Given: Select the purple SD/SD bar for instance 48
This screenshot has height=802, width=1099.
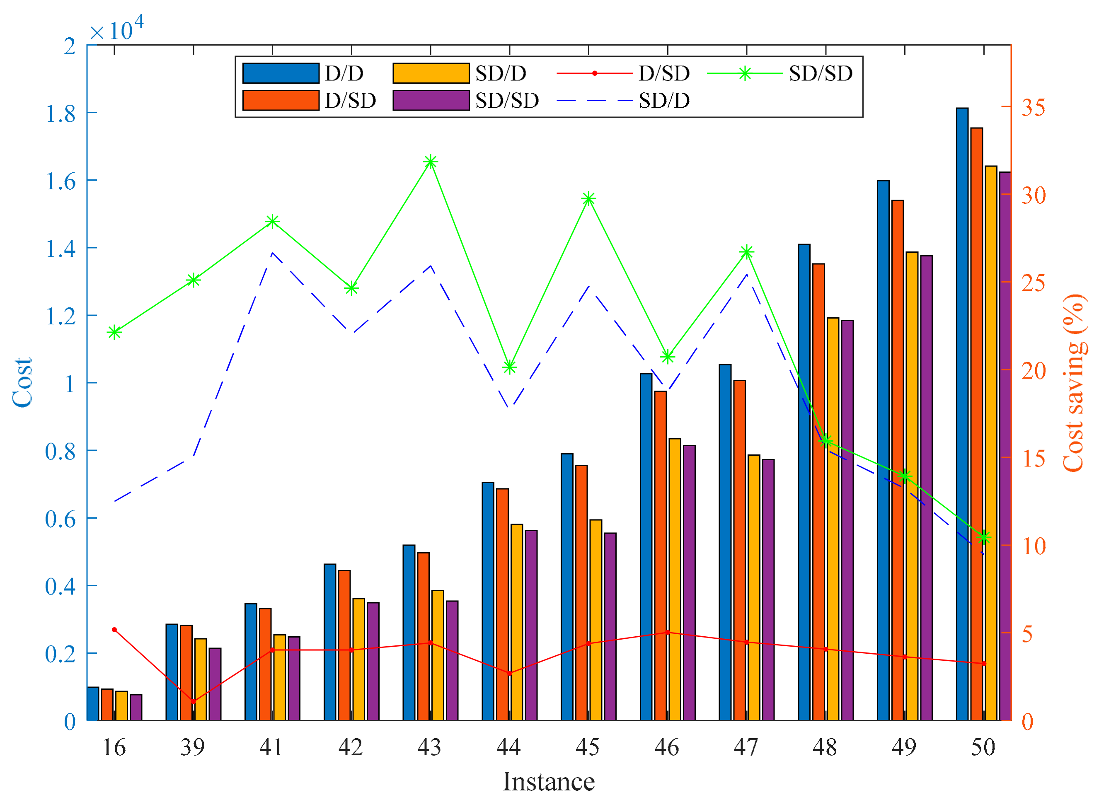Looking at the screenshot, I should click(x=847, y=519).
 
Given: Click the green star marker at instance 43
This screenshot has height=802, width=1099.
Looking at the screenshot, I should click(x=430, y=162).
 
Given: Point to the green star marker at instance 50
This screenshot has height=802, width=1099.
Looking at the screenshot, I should click(x=983, y=537).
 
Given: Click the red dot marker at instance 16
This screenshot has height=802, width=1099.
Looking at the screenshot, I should click(x=114, y=630).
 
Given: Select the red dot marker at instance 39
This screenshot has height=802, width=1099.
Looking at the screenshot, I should click(x=193, y=701).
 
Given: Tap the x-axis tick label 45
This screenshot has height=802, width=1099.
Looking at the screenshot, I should click(x=587, y=747).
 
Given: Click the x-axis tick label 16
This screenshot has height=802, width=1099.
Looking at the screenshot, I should click(x=114, y=747).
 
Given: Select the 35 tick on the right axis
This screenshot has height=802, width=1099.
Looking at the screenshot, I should click(x=1033, y=107).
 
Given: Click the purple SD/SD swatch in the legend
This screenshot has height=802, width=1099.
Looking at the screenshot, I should click(x=430, y=101).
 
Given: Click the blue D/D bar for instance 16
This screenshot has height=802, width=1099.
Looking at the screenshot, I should click(x=93, y=703).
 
